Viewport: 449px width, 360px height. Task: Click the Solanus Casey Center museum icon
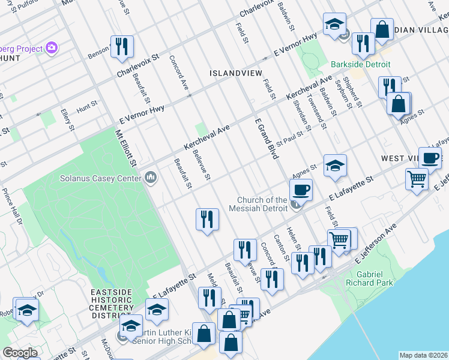(x=150, y=178)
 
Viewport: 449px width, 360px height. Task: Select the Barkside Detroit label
(x=361, y=64)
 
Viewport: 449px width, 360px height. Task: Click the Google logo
(x=20, y=353)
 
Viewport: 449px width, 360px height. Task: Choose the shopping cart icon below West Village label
(x=417, y=178)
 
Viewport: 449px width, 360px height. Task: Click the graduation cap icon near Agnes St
(x=334, y=165)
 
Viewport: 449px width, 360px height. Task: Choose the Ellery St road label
(x=67, y=119)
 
